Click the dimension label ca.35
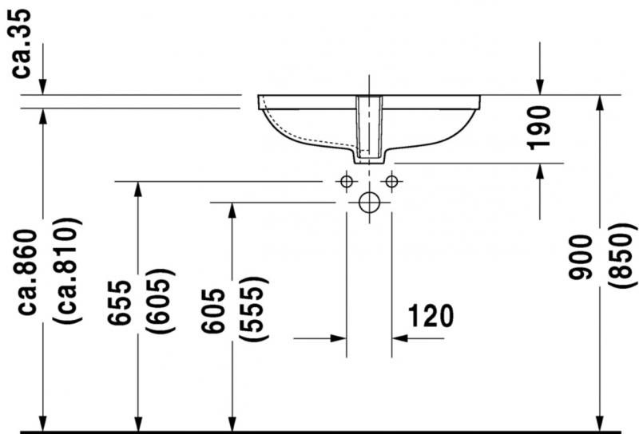pyautogui.click(x=21, y=44)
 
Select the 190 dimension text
pyautogui.click(x=538, y=128)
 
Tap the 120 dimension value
pyautogui.click(x=431, y=316)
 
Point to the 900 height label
pyautogui.click(x=581, y=258)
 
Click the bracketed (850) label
pyautogui.click(x=622, y=255)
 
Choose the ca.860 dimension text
pyautogui.click(x=27, y=272)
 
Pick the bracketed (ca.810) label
pyautogui.click(x=67, y=270)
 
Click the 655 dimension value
pyautogui.click(x=120, y=302)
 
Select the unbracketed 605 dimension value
pyautogui.click(x=212, y=310)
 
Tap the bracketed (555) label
pyautogui.click(x=253, y=309)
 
